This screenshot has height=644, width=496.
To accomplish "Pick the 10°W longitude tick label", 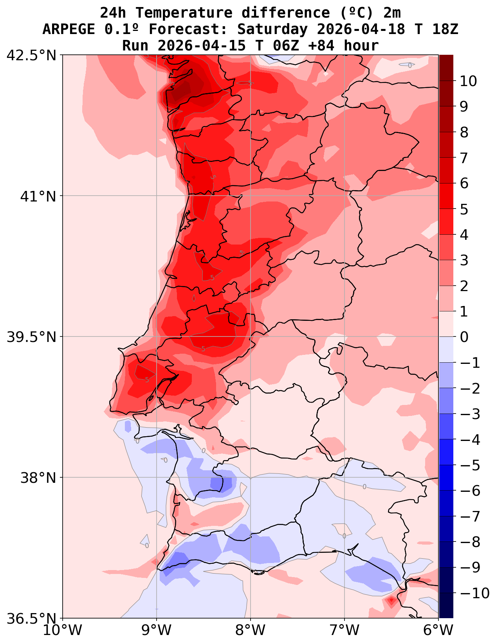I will tap(63, 630).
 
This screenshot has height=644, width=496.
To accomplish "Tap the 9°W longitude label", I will tap(157, 630).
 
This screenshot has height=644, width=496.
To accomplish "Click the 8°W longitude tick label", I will tap(251, 630).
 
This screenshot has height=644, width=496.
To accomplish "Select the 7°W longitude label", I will tap(344, 630).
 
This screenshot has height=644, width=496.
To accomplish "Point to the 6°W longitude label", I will tap(438, 630).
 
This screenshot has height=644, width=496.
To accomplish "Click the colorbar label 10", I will tap(468, 81).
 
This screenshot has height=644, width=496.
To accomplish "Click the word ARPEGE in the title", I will tap(69, 29).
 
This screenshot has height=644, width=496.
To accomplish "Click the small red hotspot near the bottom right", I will tap(391, 600).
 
